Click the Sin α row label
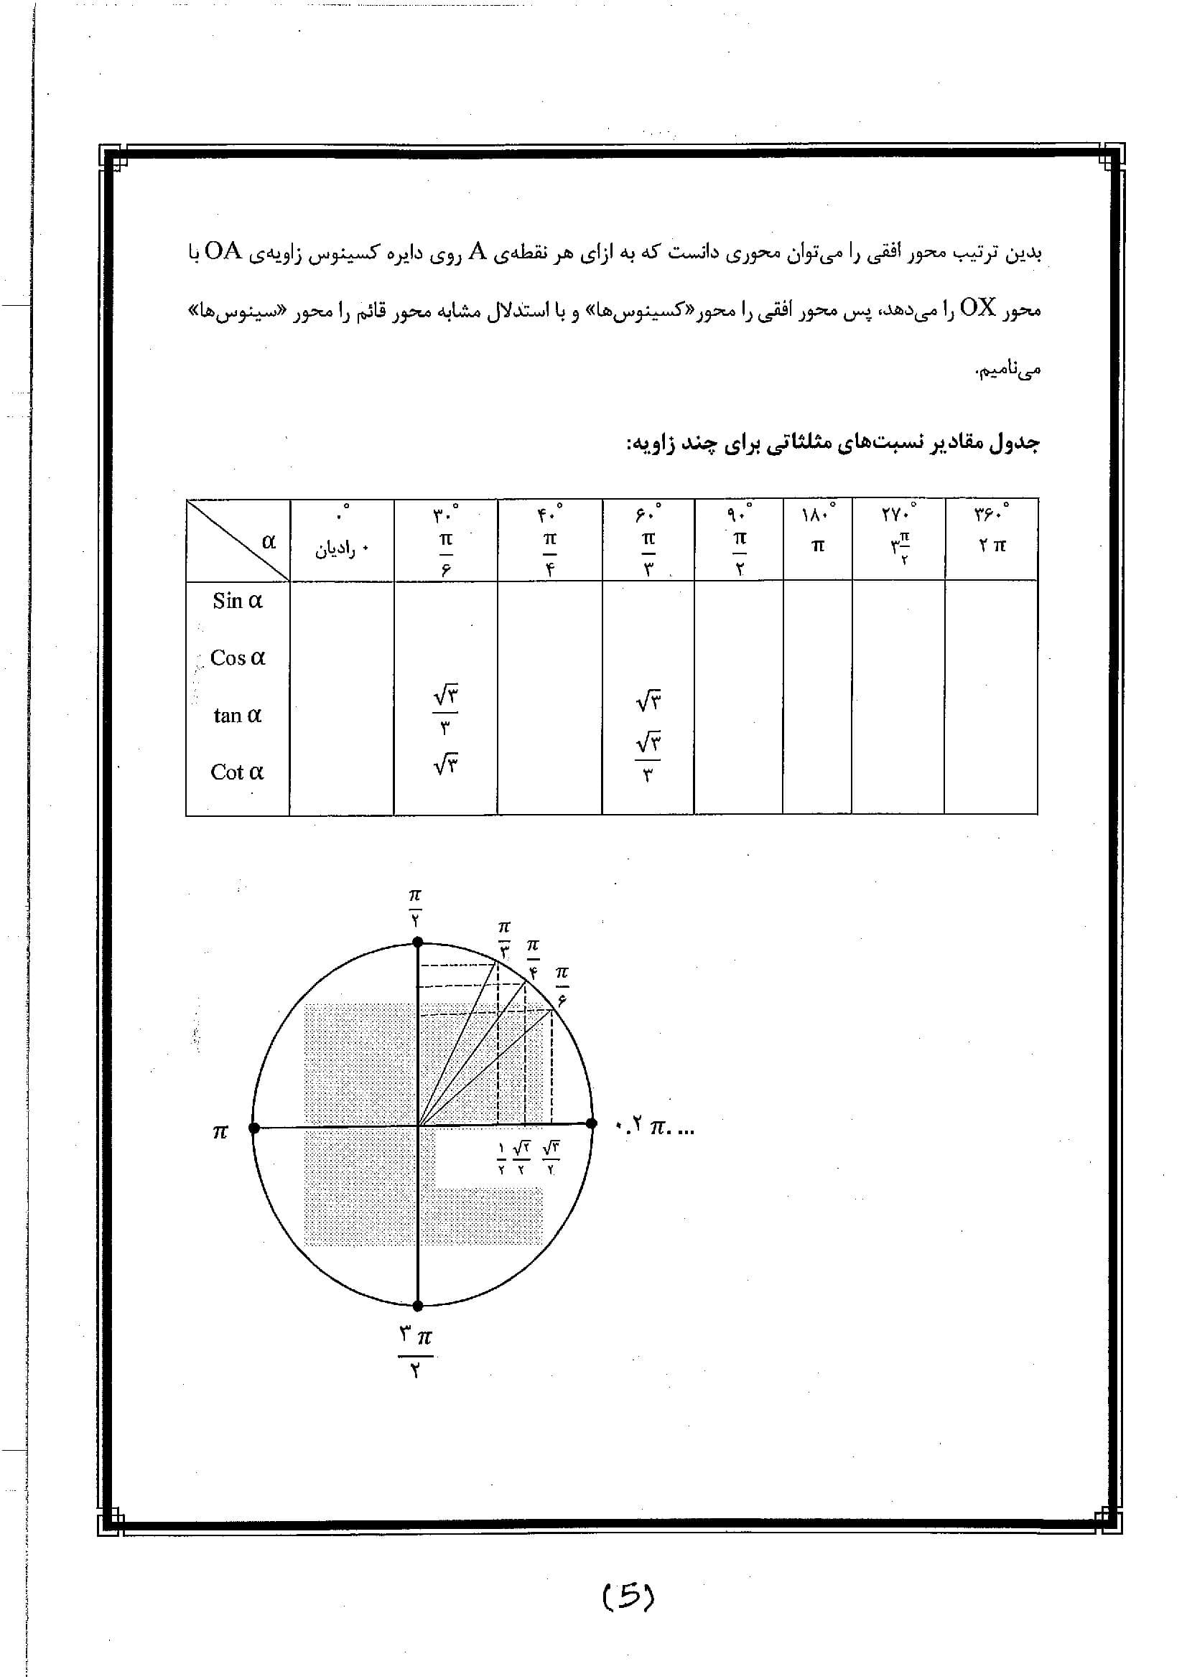pos(237,601)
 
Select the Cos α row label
pos(237,658)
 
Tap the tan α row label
pos(237,715)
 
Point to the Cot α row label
pos(237,772)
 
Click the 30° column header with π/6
pos(445,540)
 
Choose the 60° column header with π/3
pos(648,540)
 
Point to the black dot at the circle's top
pos(418,943)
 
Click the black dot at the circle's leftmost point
pos(253,1128)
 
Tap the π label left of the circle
pos(220,1132)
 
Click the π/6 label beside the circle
pos(562,985)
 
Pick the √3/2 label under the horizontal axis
pos(551,1158)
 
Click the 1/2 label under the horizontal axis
pos(501,1158)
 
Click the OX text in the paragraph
pos(977,309)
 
